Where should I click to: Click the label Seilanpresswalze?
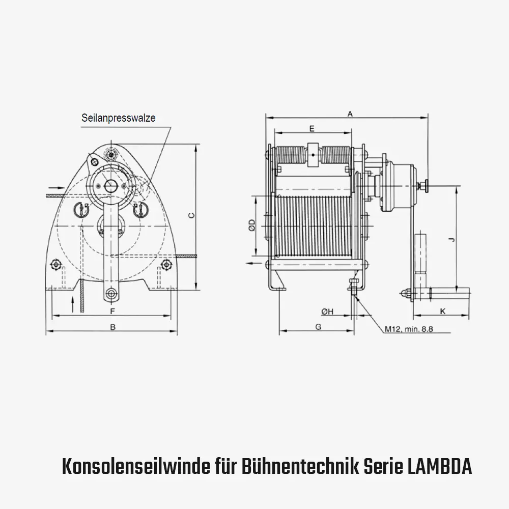[118, 118]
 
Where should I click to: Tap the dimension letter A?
[350, 115]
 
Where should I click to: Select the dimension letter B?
[113, 327]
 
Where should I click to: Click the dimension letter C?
[191, 215]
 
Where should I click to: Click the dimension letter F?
[112, 310]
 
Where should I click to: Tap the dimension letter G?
[318, 327]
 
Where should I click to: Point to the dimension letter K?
[442, 310]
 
